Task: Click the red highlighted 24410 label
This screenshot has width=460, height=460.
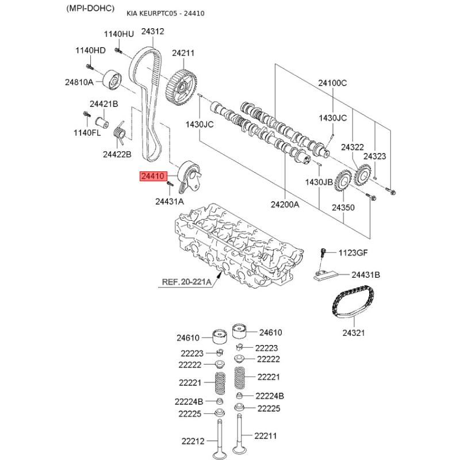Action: [x=153, y=176]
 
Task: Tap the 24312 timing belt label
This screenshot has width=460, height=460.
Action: [x=152, y=31]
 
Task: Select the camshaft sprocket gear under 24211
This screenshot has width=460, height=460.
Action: [x=181, y=87]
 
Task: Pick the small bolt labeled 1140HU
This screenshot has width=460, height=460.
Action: [x=118, y=51]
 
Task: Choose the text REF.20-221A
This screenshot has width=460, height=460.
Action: [x=186, y=282]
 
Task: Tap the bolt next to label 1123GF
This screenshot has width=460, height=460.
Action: [x=323, y=253]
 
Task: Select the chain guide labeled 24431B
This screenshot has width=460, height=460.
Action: [x=325, y=275]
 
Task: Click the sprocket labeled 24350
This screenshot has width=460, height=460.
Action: [x=343, y=182]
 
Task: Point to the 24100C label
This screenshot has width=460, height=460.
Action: [x=332, y=83]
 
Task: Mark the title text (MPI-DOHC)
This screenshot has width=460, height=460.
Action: [x=90, y=8]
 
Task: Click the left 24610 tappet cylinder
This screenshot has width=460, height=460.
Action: [x=220, y=337]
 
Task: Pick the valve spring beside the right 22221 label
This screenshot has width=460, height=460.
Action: [x=240, y=378]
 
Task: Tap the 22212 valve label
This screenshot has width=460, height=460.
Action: [x=193, y=440]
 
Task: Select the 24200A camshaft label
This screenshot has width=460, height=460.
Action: [x=285, y=204]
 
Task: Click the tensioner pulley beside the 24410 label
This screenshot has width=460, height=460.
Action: [x=190, y=177]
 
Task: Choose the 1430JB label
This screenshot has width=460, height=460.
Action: [x=319, y=182]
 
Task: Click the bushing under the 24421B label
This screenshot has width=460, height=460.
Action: [x=102, y=122]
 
